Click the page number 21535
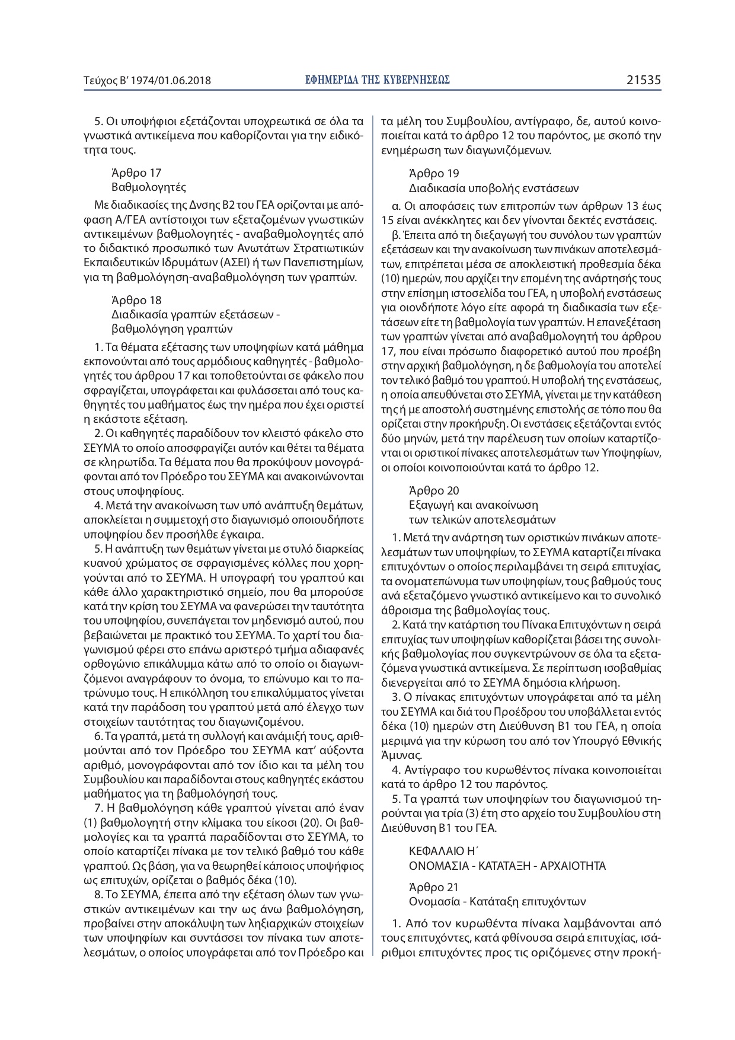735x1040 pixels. coord(643,79)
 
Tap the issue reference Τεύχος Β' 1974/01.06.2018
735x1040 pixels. coord(148,80)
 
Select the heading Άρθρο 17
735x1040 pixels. coord(136,173)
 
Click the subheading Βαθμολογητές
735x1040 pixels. coord(149,187)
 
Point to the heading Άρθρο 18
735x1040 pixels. coord(136,300)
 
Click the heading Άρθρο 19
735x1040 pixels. coord(434,174)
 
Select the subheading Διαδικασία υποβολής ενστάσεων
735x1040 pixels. coord(493,188)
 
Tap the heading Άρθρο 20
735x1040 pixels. coord(434,491)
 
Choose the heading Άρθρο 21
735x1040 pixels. coord(434,888)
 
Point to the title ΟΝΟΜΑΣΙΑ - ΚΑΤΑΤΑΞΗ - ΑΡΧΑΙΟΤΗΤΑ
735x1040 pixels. coord(507,866)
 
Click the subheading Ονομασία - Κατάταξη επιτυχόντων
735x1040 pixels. coord(497,902)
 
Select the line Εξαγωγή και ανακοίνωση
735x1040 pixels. coord(474,505)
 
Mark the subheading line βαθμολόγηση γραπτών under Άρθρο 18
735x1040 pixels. coord(172,328)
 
